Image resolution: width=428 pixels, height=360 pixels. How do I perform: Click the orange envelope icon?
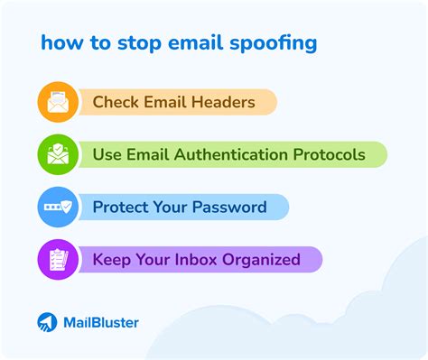pyautogui.click(x=57, y=102)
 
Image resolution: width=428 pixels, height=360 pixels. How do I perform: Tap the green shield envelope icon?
pyautogui.click(x=57, y=154)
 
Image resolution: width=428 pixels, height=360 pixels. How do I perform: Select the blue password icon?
pyautogui.click(x=57, y=208)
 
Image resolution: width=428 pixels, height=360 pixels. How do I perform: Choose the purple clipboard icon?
pyautogui.click(x=57, y=260)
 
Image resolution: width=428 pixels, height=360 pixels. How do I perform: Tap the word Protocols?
pyautogui.click(x=330, y=154)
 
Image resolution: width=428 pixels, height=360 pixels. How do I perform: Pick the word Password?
pyautogui.click(x=231, y=208)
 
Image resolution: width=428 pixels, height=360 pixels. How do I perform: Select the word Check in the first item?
pyautogui.click(x=115, y=102)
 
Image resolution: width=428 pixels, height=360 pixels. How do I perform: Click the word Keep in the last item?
pyautogui.click(x=112, y=260)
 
